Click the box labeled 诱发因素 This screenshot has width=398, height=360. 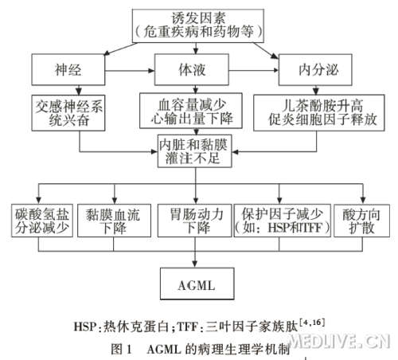point(198,25)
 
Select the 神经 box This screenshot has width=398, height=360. point(68,69)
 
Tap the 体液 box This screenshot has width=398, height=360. point(192,69)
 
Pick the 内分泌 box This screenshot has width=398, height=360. point(315,70)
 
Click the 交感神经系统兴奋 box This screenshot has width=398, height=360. point(68,113)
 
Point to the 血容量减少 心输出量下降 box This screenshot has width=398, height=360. point(191,111)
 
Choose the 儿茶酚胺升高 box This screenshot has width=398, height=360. point(319,112)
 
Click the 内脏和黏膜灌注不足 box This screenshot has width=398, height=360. point(195,151)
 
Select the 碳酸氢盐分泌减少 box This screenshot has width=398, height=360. point(42,221)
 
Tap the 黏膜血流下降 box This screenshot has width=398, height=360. point(114,221)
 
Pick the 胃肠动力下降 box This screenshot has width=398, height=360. point(195,221)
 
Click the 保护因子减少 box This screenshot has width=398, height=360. point(283,221)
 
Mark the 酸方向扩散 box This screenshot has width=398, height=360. point(361,221)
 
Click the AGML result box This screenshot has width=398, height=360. point(197,284)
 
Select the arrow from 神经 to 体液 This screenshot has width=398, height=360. point(130,71)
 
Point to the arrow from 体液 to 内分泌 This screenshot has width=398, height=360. point(254,70)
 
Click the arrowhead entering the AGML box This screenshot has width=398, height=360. point(195,264)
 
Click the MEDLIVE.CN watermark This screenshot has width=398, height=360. point(339,341)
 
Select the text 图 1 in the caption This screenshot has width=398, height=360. point(121,349)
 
